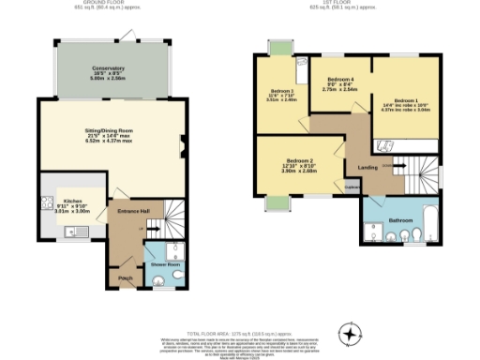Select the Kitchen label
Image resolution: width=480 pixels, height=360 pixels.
pos(73,201)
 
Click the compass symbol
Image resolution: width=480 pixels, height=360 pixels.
pos(350,333)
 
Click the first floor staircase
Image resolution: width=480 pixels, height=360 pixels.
pos(412,172)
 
